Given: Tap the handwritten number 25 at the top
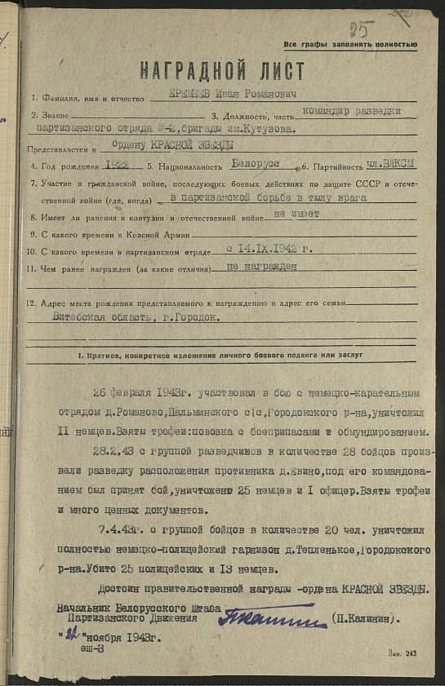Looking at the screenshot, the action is click(358, 30).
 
